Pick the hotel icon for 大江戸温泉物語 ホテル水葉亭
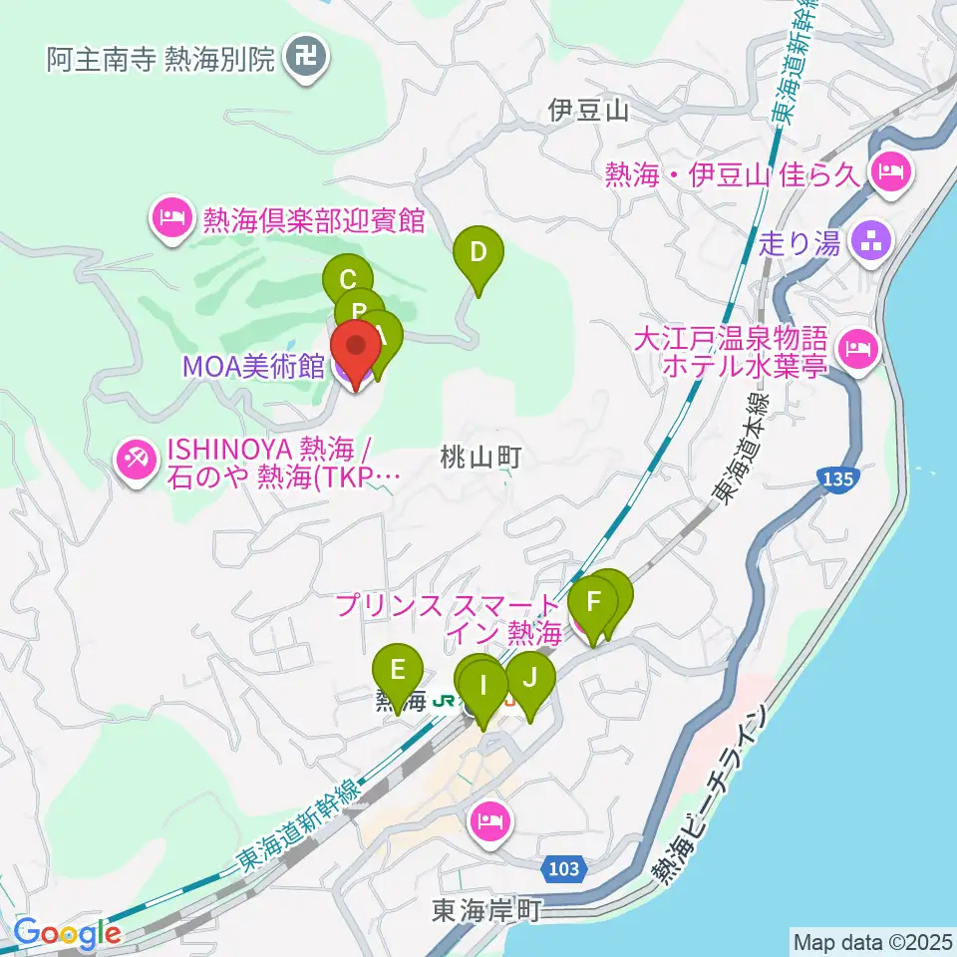tap(855, 349)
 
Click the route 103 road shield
tap(563, 869)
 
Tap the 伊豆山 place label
tap(588, 111)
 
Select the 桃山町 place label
tap(481, 457)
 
